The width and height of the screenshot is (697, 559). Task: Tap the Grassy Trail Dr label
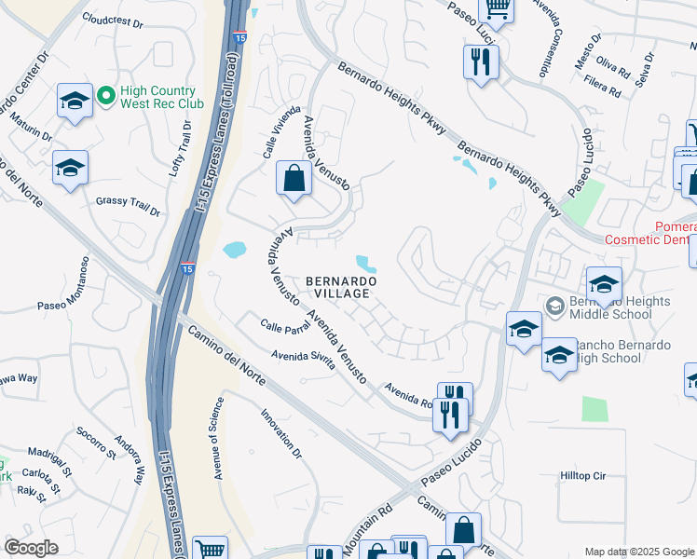point(128,204)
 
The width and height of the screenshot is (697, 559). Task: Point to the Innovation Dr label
point(281,434)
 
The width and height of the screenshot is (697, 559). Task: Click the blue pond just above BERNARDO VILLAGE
point(366,265)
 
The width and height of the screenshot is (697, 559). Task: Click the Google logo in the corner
point(32,547)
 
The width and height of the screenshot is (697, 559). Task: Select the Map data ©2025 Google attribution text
point(639,552)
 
